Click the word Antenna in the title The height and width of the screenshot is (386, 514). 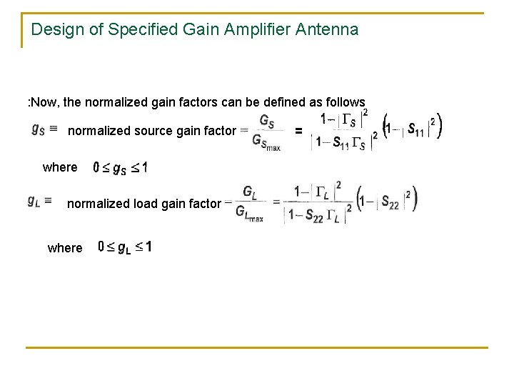(x=328, y=30)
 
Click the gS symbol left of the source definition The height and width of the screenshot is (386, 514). (x=41, y=129)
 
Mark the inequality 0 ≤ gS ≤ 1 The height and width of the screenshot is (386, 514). (x=121, y=168)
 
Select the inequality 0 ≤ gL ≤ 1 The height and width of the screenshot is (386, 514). (x=124, y=247)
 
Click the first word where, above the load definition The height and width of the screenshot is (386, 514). (x=60, y=167)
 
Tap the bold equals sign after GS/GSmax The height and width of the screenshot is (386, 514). (x=299, y=131)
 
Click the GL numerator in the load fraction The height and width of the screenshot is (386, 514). (x=249, y=192)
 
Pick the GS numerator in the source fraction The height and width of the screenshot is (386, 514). (x=266, y=119)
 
